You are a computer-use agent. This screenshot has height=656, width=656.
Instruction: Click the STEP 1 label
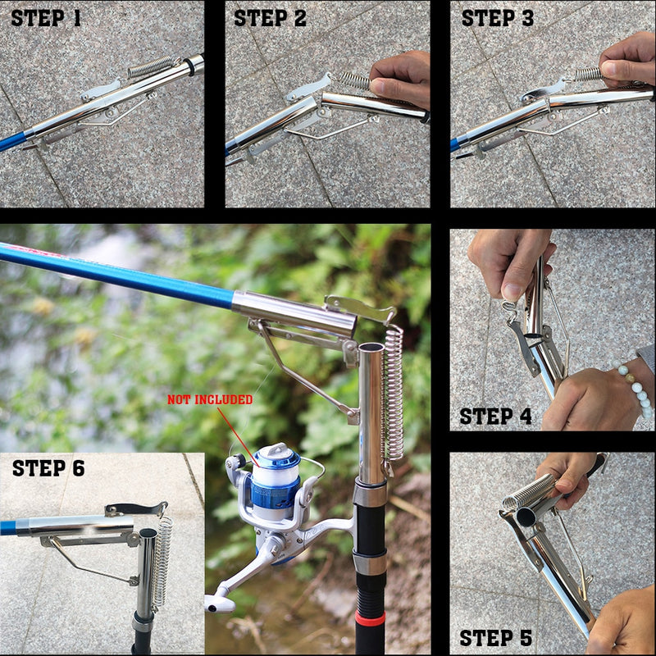tap(46, 18)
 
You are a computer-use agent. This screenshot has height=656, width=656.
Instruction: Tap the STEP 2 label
tap(271, 18)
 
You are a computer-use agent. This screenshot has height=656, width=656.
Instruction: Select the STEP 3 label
tap(498, 18)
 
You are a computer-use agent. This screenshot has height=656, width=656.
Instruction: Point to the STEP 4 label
tap(495, 417)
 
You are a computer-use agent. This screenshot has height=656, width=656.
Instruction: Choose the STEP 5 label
tap(495, 638)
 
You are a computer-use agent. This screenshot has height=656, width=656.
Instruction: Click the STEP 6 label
tap(48, 468)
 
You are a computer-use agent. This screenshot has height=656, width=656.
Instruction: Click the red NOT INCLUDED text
tap(210, 400)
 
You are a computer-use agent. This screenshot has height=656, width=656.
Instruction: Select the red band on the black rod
tap(371, 617)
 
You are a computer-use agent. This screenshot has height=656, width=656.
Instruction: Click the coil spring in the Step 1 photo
tap(153, 68)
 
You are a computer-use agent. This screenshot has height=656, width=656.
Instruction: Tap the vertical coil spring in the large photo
tap(394, 394)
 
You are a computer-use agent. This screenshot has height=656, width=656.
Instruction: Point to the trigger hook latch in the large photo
tap(359, 308)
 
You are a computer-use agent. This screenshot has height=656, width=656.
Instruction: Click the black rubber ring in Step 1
tap(196, 65)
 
